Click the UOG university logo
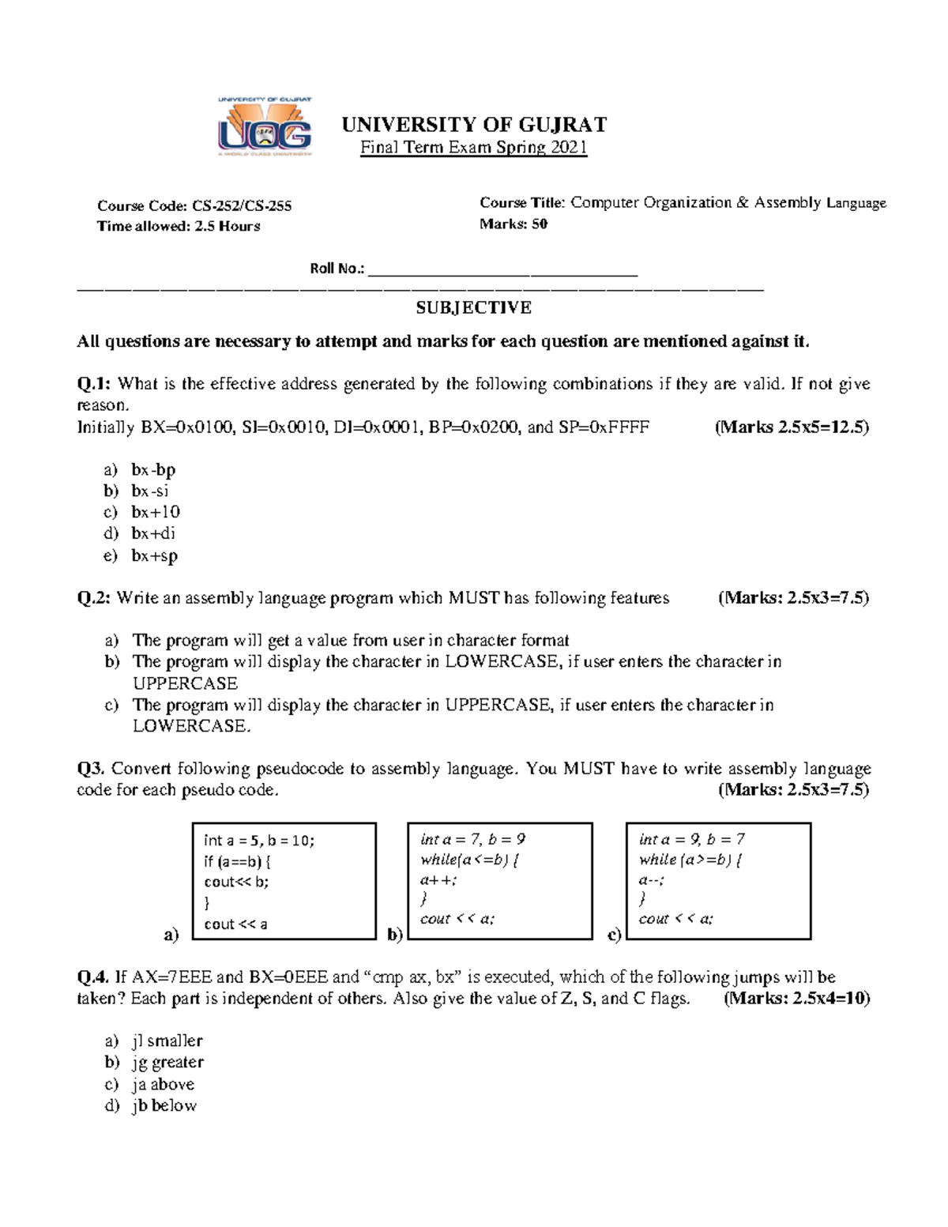265,127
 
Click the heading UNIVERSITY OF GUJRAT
474,125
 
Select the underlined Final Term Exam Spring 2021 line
474,148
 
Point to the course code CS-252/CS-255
242,206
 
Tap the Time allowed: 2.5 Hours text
179,227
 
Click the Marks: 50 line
513,224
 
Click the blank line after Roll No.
502,270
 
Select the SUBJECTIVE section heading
474,307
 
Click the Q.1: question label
95,384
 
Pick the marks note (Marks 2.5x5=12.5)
792,427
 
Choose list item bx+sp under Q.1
155,555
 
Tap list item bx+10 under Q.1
156,512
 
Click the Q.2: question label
95,598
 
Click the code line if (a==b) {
237,861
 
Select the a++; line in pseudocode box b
438,879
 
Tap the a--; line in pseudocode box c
652,879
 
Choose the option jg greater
167,1063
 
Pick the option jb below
164,1106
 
